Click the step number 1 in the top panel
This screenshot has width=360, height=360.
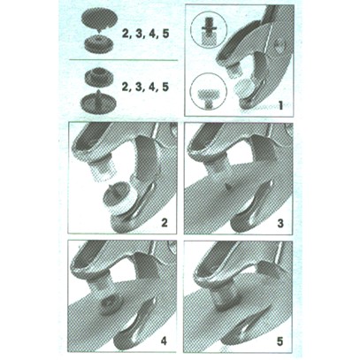coord(280,105)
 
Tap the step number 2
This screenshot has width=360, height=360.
coord(164,222)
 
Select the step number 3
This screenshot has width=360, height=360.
coord(280,223)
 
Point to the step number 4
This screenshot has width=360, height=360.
coord(164,341)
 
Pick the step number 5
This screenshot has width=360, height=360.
coord(280,341)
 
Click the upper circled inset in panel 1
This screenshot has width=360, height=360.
coord(209,29)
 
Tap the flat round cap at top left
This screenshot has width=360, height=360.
coord(99,19)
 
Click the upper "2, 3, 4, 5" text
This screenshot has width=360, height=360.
coord(145,34)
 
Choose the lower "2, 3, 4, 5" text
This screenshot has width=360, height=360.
coord(145,87)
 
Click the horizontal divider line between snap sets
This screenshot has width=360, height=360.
coord(123,60)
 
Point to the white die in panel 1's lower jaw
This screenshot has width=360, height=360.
coord(244,88)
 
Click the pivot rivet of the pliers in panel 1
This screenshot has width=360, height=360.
coord(280,47)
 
